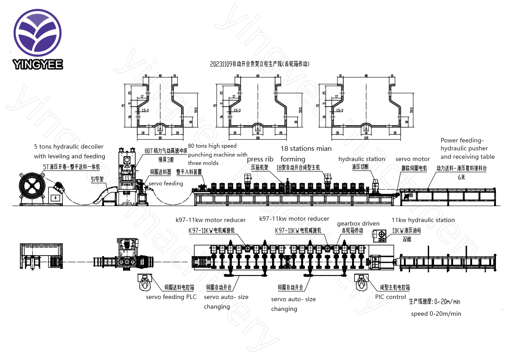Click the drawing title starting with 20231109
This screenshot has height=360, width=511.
[x=260, y=64]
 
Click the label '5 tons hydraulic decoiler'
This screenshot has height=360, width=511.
[x=69, y=146]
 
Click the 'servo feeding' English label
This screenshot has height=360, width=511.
[x=165, y=183]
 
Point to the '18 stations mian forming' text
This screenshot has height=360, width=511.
[x=305, y=153]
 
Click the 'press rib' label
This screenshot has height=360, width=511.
[x=260, y=159]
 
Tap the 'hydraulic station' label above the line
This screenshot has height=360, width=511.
[x=361, y=159]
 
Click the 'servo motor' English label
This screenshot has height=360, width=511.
[x=412, y=159]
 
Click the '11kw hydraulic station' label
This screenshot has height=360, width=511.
[x=423, y=220]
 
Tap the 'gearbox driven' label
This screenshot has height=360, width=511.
[x=358, y=224]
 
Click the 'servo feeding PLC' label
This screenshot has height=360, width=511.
[x=171, y=297]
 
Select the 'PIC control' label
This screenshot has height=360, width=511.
[x=390, y=297]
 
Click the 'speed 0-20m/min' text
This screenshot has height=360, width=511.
[x=436, y=314]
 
